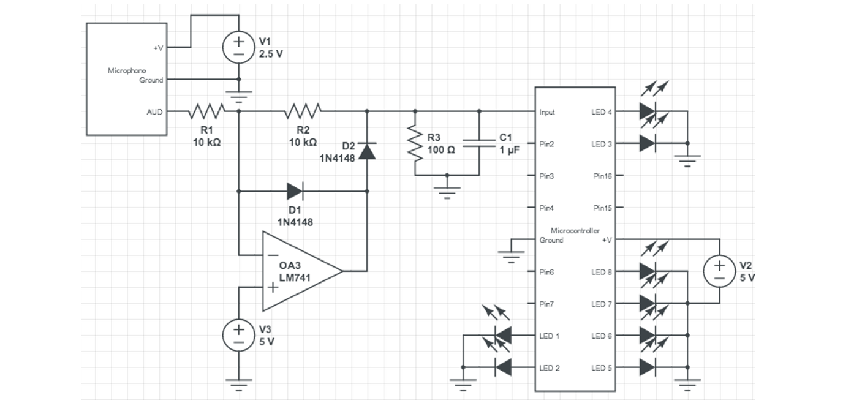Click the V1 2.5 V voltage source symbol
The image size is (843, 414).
click(239, 47)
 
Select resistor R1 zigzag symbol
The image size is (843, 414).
click(207, 111)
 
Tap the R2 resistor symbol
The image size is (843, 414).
click(303, 111)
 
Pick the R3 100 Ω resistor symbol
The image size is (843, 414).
click(415, 144)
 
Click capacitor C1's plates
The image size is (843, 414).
click(479, 144)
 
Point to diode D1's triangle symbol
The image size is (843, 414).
click(295, 191)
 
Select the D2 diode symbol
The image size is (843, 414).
click(367, 151)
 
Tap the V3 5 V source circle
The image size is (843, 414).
click(239, 334)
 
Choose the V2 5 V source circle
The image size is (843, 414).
click(719, 271)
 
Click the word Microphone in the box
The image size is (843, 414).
click(127, 71)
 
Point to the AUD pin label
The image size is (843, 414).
click(154, 112)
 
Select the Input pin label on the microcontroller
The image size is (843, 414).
click(547, 112)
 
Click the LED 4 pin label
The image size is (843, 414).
click(601, 112)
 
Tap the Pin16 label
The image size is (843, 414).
click(602, 176)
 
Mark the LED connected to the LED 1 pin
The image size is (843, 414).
click(503, 335)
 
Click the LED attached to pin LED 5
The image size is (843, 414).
click(648, 367)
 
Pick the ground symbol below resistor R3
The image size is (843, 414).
click(447, 190)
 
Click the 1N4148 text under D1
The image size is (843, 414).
click(295, 222)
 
